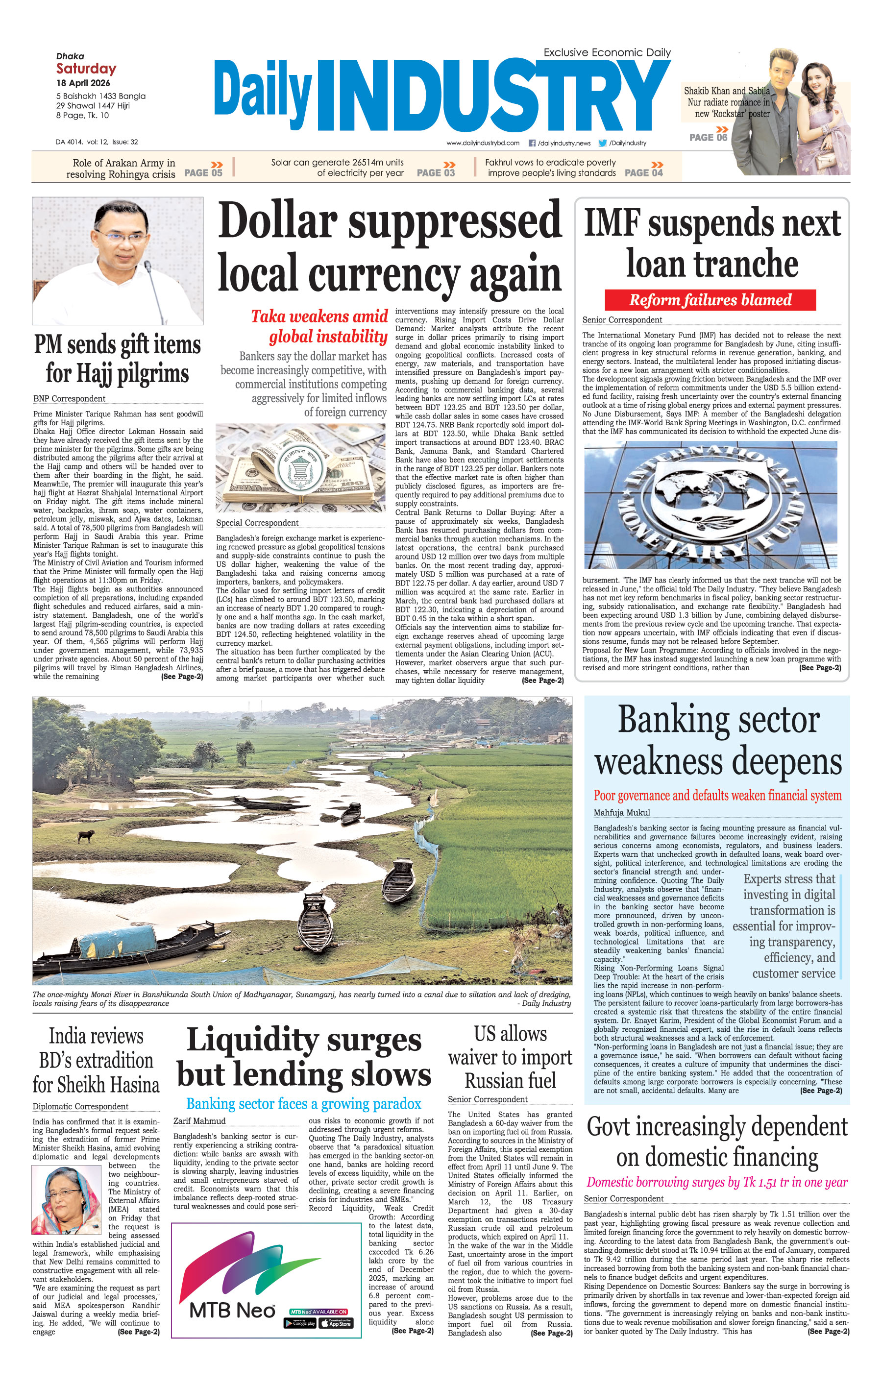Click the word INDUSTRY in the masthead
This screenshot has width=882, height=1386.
click(493, 96)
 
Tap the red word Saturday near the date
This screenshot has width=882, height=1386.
click(86, 69)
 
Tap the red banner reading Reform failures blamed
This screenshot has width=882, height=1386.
click(710, 300)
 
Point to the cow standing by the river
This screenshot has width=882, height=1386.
click(87, 836)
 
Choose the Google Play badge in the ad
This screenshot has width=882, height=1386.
click(300, 1323)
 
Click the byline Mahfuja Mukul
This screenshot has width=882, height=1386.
click(622, 813)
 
